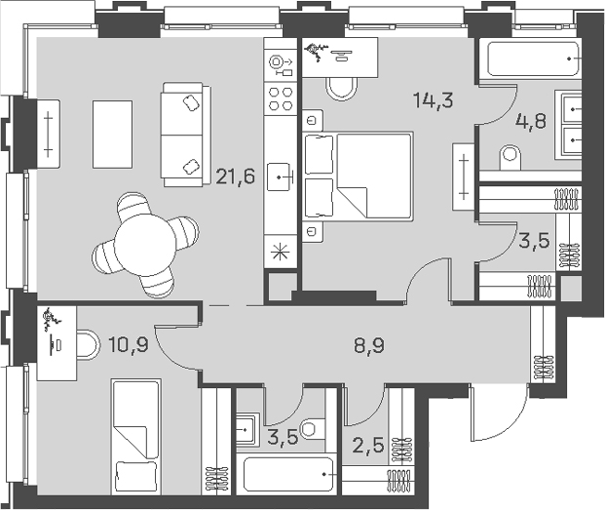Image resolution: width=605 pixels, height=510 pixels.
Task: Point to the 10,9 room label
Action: (128, 343)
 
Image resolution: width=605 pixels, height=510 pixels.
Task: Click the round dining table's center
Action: (145, 245)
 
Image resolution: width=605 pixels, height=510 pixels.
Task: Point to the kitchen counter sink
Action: (282, 177)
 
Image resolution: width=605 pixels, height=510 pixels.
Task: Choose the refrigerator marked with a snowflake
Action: (281, 250)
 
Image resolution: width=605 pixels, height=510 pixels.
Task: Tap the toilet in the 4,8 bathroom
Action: (510, 157)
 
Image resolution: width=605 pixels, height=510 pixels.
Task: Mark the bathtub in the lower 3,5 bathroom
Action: (288, 476)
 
